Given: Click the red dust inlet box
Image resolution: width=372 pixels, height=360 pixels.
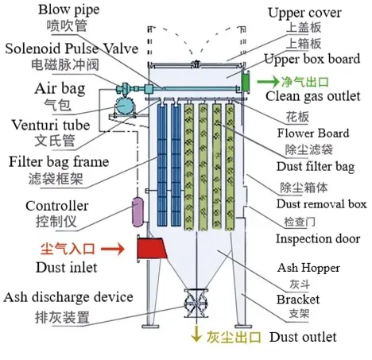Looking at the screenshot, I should [151, 249].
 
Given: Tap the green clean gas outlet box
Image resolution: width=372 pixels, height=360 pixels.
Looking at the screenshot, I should [247, 80].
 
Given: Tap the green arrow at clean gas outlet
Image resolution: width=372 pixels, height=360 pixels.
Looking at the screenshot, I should [265, 81].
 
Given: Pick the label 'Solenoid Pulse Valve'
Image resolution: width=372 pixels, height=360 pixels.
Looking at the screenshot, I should [66, 49].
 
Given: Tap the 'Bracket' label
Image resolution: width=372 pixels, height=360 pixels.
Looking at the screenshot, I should [298, 299].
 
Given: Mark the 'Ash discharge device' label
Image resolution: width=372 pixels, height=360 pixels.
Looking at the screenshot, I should [68, 297].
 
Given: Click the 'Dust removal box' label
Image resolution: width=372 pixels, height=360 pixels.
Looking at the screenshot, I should [319, 204].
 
